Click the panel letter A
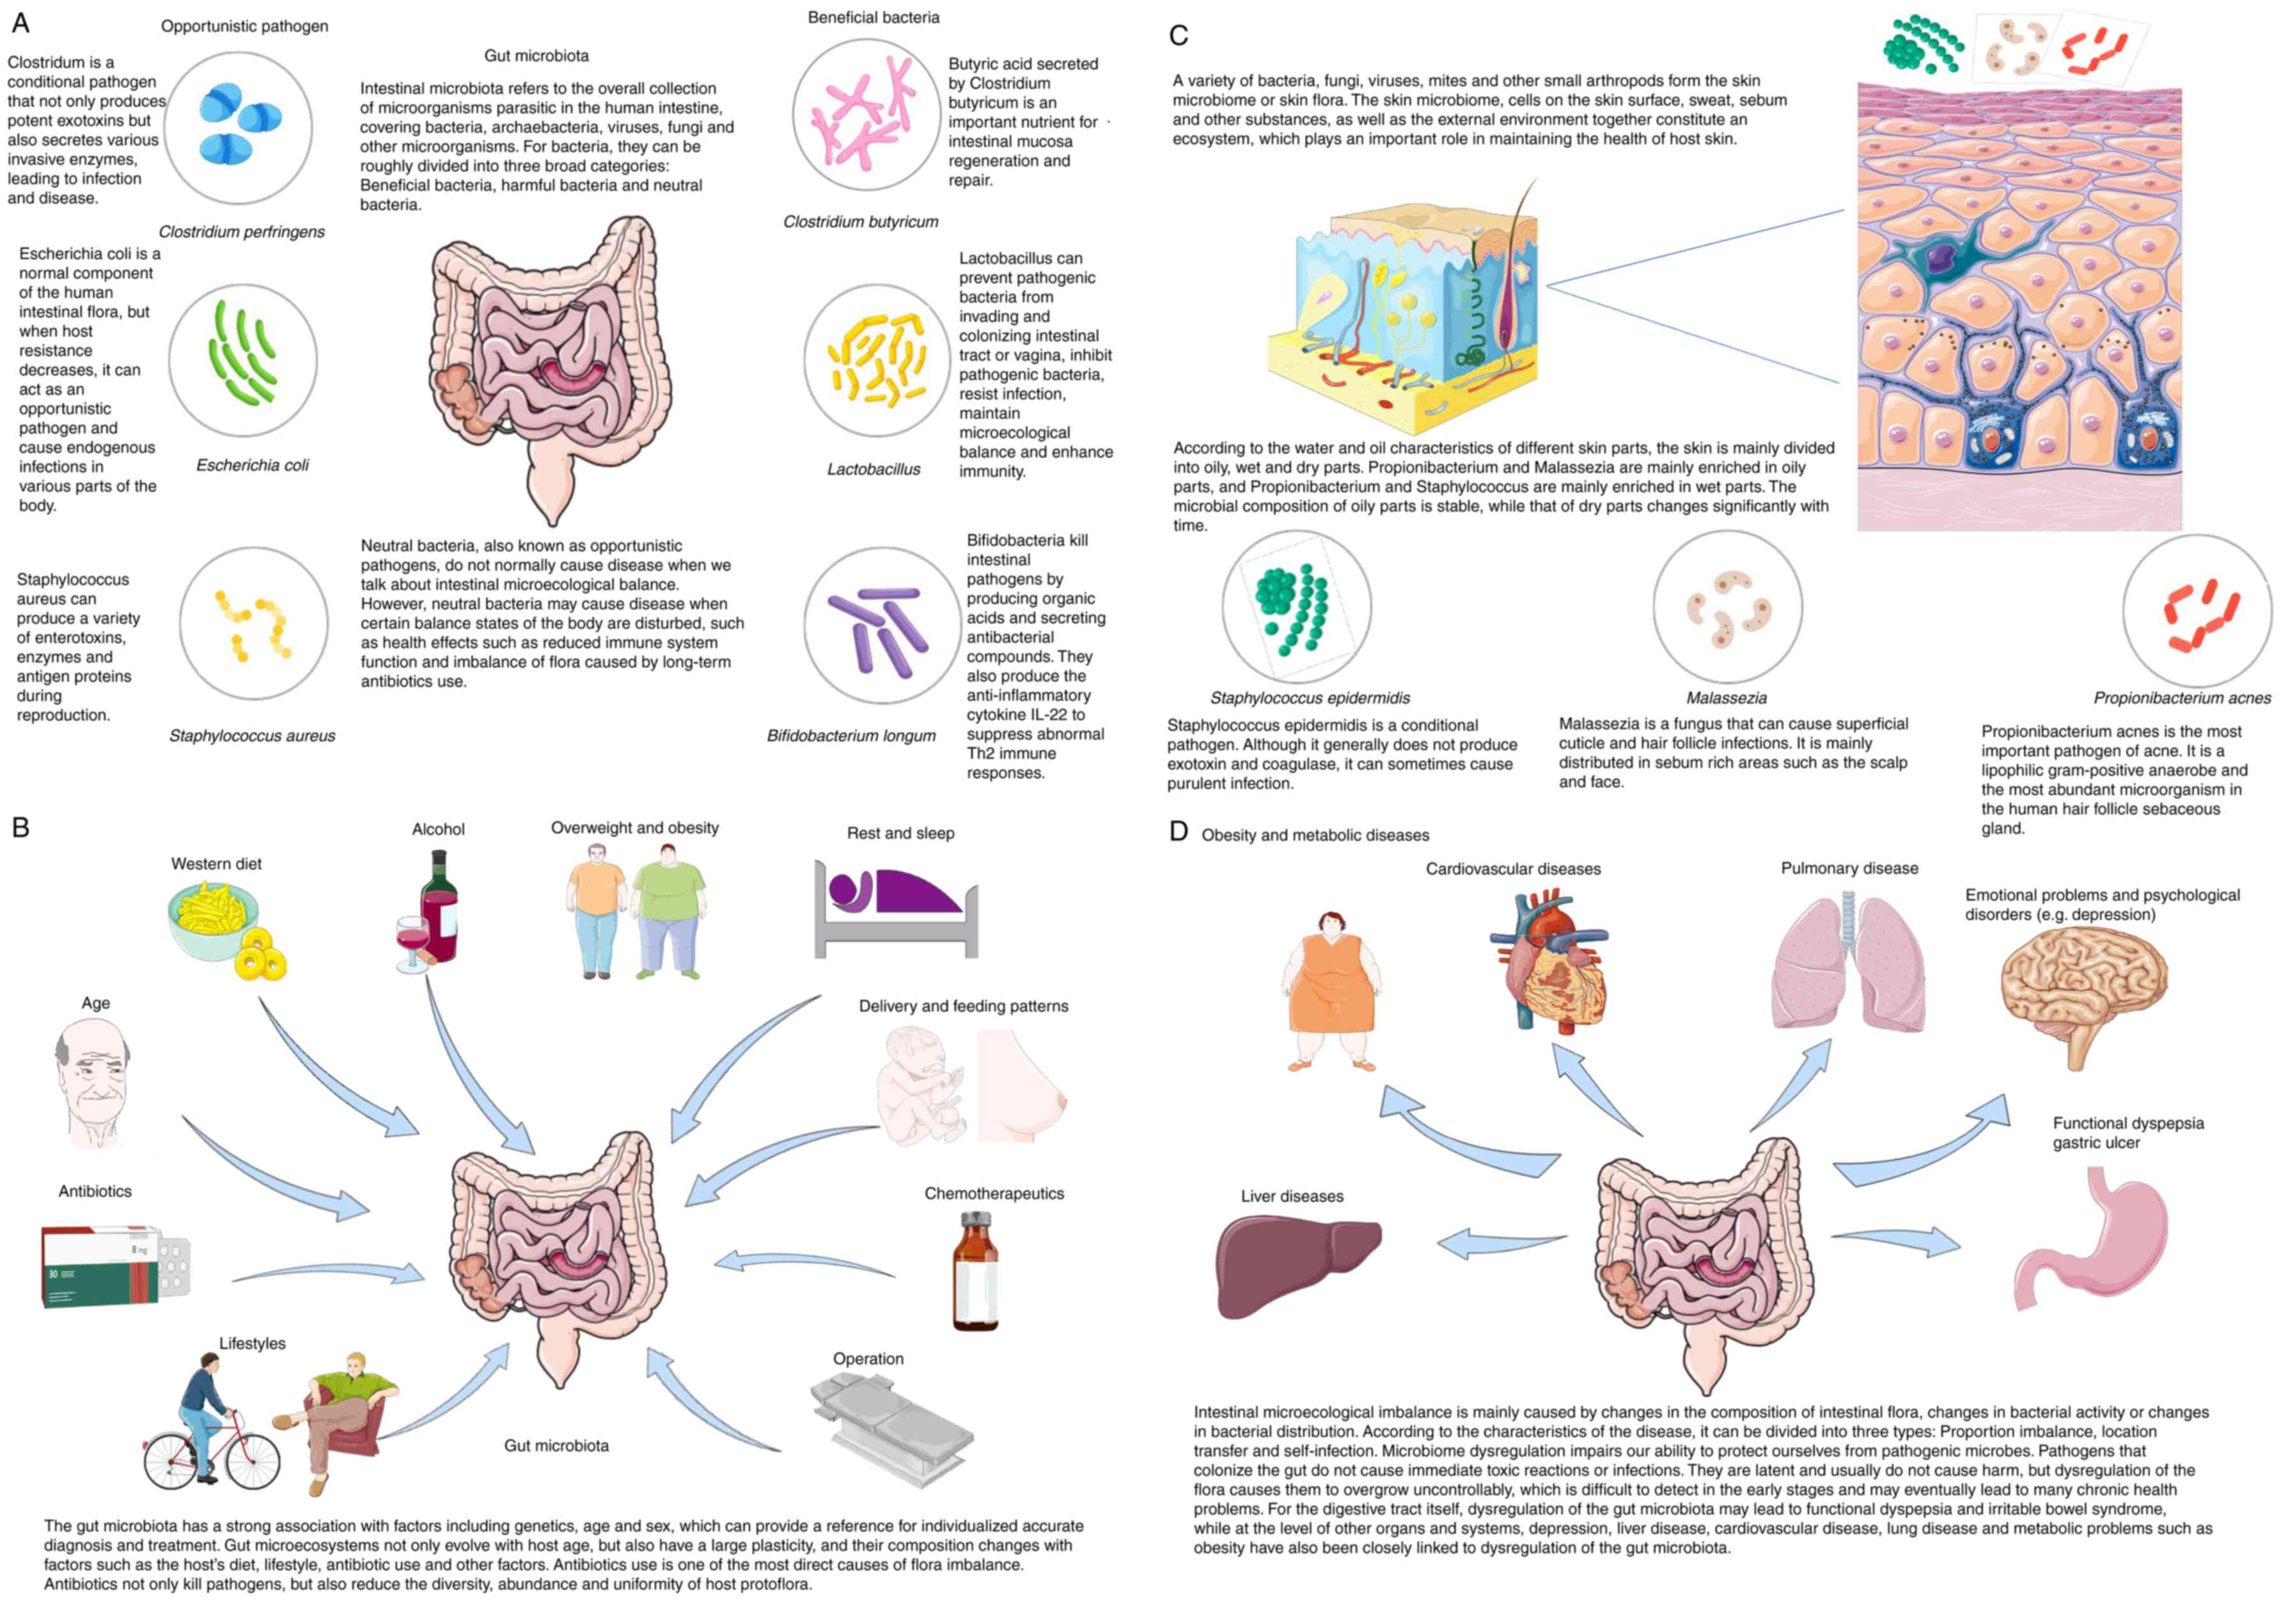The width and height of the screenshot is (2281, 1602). click(20, 22)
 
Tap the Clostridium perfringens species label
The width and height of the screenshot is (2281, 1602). click(242, 232)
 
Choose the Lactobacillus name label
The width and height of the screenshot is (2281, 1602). click(874, 469)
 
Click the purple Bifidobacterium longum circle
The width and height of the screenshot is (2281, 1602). click(880, 626)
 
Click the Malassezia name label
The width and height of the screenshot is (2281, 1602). click(1726, 697)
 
